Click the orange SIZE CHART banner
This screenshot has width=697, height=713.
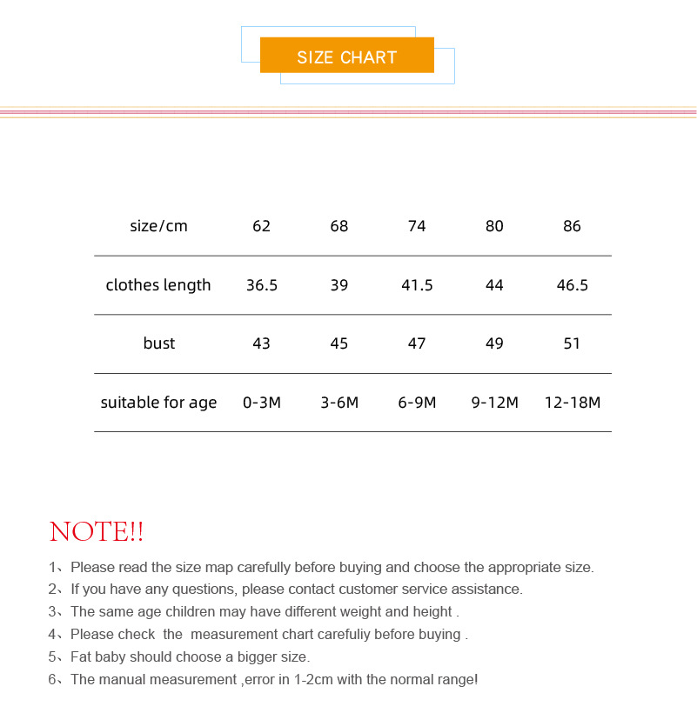346,57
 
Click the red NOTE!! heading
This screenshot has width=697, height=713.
96,531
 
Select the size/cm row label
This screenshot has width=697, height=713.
158,226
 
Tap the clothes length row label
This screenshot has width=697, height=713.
158,285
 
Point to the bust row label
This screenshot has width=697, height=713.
158,343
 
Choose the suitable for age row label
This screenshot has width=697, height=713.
158,403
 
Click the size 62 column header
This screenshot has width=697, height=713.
261,226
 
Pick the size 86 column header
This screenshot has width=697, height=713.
572,226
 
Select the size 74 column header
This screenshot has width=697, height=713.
417,226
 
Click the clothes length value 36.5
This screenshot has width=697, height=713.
261,285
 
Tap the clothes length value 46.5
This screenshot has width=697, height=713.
572,285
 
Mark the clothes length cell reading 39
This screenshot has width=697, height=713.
338,285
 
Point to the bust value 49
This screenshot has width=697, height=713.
494,343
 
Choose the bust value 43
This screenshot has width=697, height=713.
261,343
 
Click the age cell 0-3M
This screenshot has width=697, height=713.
261,403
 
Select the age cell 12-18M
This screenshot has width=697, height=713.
572,403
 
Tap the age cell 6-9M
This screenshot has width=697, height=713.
417,403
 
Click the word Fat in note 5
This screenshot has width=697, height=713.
81,656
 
